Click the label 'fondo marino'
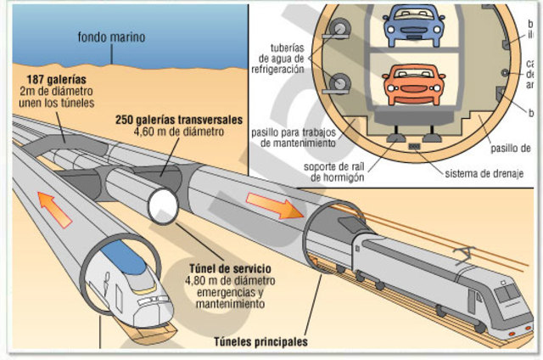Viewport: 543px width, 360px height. [x=110, y=37]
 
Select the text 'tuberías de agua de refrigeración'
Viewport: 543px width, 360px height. [x=280, y=60]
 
